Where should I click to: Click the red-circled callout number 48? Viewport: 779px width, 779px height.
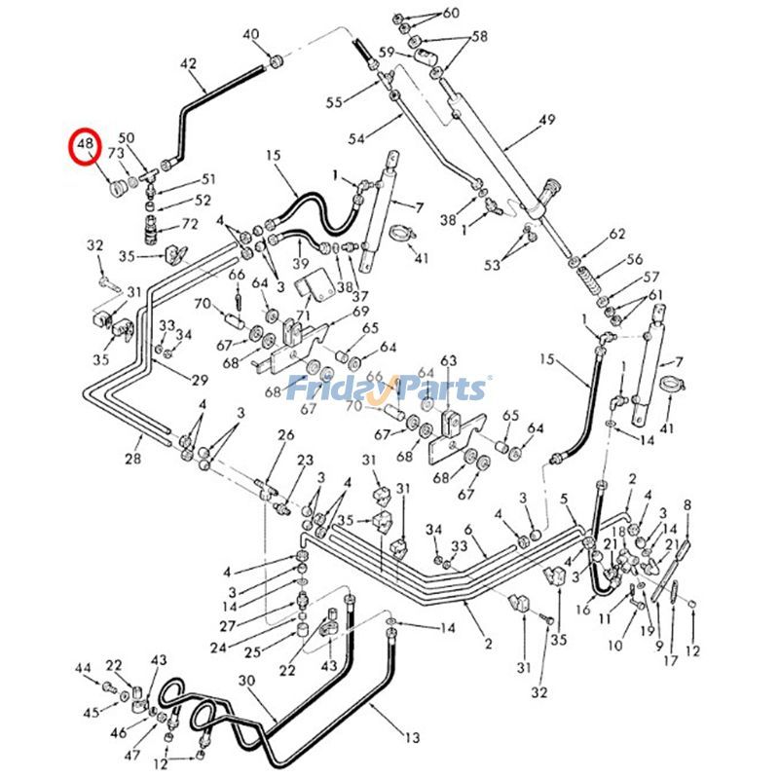(86, 145)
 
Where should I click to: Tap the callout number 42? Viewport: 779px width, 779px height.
(188, 64)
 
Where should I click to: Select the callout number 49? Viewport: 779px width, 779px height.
(546, 120)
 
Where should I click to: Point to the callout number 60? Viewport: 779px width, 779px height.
(451, 13)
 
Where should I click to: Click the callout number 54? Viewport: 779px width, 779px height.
(355, 139)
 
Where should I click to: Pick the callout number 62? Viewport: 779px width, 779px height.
(616, 235)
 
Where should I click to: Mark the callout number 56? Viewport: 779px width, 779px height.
(635, 259)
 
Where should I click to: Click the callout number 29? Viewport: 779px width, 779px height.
(200, 379)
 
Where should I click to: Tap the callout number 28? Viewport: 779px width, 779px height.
(132, 459)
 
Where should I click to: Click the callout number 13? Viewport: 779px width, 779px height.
(412, 735)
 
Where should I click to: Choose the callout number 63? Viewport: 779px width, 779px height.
(448, 361)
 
